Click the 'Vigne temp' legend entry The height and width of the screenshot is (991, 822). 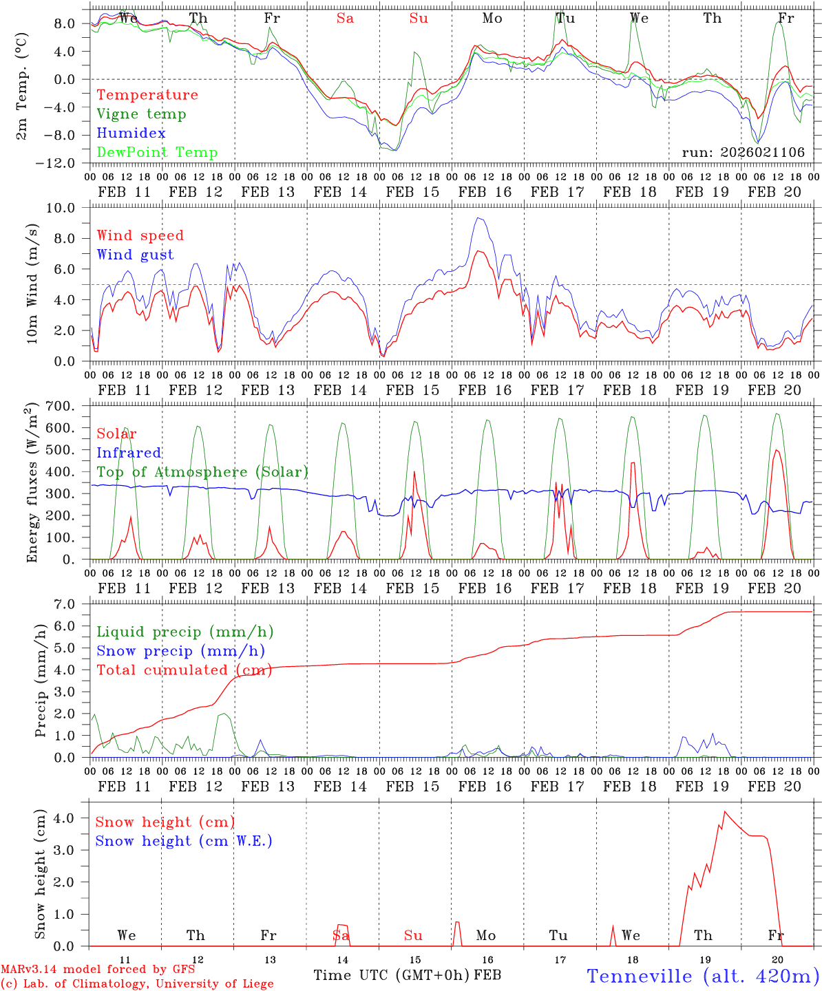[x=141, y=114]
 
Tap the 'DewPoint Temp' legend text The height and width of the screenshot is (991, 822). [x=157, y=153]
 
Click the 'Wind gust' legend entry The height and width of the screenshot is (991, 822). [x=135, y=255]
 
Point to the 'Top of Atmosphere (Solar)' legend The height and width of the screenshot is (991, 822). [x=202, y=472]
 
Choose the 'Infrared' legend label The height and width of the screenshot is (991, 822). [x=129, y=453]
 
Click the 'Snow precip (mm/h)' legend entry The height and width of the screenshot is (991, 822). [x=180, y=651]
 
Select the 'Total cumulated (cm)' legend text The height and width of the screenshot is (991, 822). [x=184, y=670]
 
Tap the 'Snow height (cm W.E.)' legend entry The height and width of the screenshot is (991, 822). [x=184, y=841]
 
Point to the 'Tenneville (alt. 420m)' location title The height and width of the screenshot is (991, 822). [x=702, y=976]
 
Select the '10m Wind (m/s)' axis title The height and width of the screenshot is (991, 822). [x=32, y=284]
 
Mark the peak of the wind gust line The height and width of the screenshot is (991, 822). [x=478, y=218]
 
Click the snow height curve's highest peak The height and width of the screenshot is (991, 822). [x=724, y=812]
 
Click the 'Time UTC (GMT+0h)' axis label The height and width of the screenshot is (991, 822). [x=392, y=975]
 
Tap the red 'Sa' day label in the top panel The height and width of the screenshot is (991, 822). [x=345, y=19]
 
